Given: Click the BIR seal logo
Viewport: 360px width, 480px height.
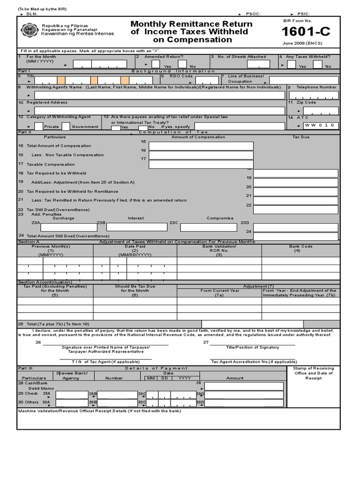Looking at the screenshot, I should (x=30, y=30).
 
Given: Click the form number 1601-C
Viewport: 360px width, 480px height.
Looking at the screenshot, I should (x=306, y=32).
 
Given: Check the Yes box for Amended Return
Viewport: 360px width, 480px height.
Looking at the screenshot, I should (x=156, y=64).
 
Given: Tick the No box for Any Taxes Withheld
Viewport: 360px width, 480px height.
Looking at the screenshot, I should (x=317, y=64).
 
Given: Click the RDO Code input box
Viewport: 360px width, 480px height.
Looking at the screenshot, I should (x=194, y=80).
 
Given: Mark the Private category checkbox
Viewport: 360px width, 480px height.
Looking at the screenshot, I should (x=39, y=126).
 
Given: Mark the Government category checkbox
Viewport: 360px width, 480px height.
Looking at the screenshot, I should (x=66, y=126).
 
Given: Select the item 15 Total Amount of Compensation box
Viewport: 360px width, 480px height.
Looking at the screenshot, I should (x=201, y=146).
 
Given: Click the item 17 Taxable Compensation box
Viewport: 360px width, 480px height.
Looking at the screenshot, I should (x=201, y=164).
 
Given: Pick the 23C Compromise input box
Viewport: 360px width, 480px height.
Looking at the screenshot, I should (x=208, y=227).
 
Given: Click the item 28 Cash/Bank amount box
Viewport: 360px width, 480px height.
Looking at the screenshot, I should (x=244, y=386).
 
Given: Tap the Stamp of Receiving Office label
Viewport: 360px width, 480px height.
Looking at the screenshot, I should (x=313, y=373).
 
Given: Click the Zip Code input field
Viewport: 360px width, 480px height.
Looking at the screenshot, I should (x=321, y=111).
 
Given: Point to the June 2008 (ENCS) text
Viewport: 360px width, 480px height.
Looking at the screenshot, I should (x=302, y=43).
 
